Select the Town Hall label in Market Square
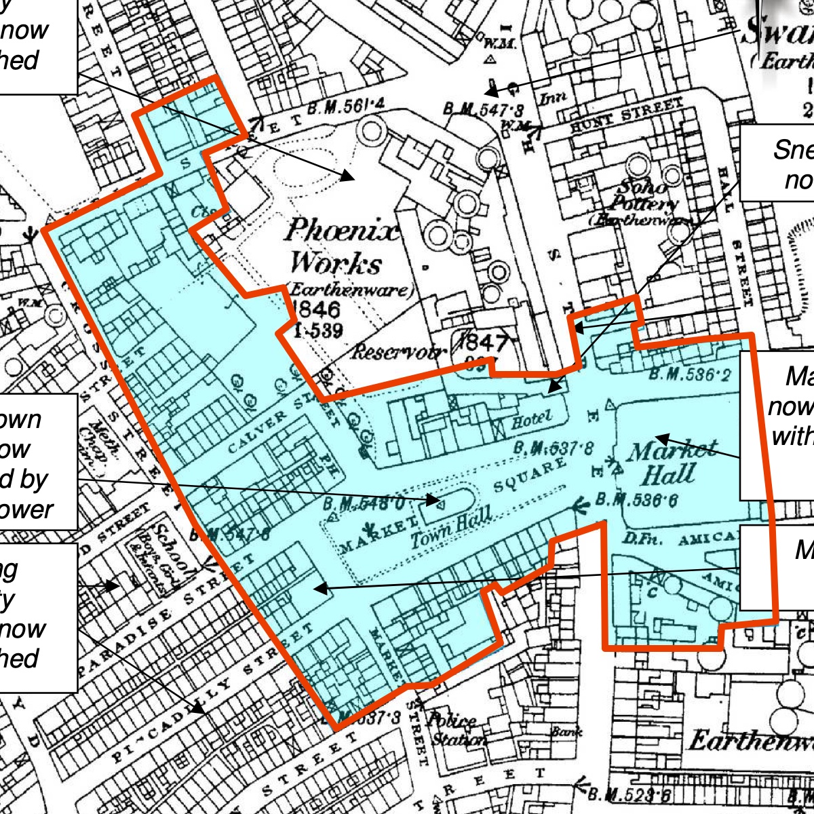tap(450, 530)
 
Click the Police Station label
tap(459, 729)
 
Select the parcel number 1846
tap(316, 310)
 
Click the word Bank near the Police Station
tap(566, 732)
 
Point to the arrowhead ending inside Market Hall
tap(657, 438)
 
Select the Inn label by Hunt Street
tap(552, 99)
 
